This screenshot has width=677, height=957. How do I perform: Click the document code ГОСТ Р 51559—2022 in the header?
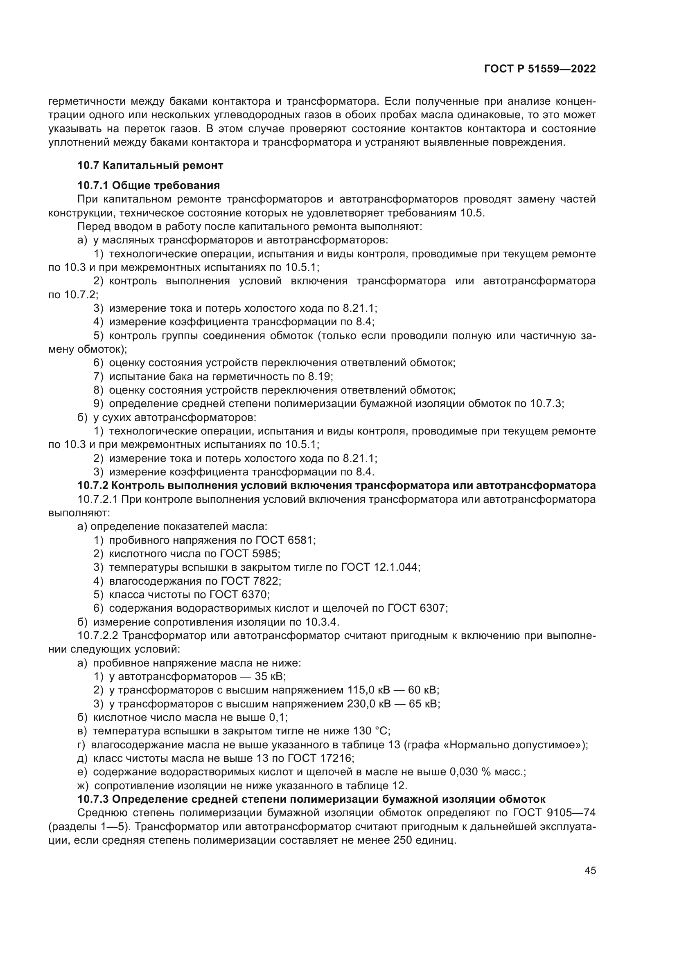tap(540, 69)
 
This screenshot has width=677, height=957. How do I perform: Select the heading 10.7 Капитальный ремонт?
tap(150, 165)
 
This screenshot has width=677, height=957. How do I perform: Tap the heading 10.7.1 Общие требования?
tap(149, 185)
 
